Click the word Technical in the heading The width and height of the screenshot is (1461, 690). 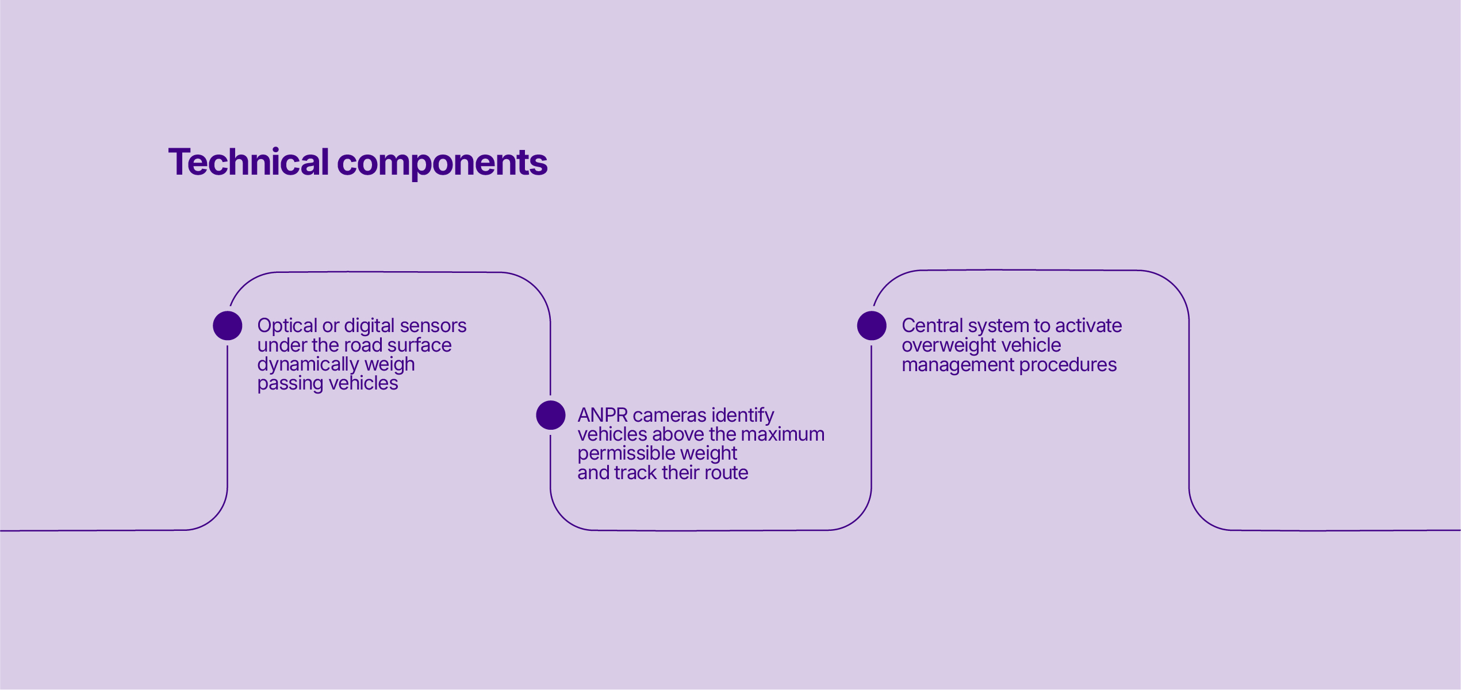(248, 162)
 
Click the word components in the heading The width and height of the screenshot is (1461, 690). (442, 164)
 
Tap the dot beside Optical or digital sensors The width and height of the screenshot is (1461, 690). (228, 326)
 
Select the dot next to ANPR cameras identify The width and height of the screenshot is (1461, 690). (551, 415)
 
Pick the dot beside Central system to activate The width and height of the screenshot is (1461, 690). (872, 326)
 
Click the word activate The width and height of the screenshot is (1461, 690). (1088, 326)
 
